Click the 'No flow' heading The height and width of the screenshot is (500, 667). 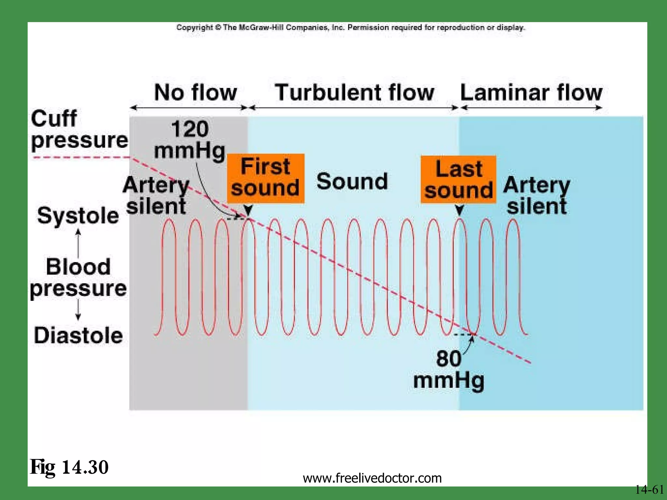click(x=195, y=92)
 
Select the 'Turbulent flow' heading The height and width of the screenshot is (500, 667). click(x=354, y=92)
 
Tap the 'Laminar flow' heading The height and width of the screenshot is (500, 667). click(x=531, y=92)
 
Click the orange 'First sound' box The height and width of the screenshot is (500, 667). click(x=265, y=178)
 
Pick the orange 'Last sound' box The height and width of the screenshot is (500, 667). click(x=458, y=180)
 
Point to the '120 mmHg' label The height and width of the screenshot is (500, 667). click(x=190, y=140)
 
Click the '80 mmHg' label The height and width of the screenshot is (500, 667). click(x=449, y=369)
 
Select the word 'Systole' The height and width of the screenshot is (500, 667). click(x=78, y=215)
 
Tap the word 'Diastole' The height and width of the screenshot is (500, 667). click(x=78, y=335)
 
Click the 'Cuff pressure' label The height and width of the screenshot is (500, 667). click(x=79, y=129)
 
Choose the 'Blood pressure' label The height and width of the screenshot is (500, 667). click(x=78, y=277)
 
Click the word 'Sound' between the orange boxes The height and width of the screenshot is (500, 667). click(x=352, y=181)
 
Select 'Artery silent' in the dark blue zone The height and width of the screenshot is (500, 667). click(x=536, y=195)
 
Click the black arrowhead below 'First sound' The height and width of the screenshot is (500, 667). click(x=248, y=210)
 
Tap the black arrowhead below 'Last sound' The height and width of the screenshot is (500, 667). click(x=459, y=210)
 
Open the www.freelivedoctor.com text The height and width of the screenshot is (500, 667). click(x=372, y=478)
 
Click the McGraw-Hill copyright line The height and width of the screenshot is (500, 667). click(x=350, y=28)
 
